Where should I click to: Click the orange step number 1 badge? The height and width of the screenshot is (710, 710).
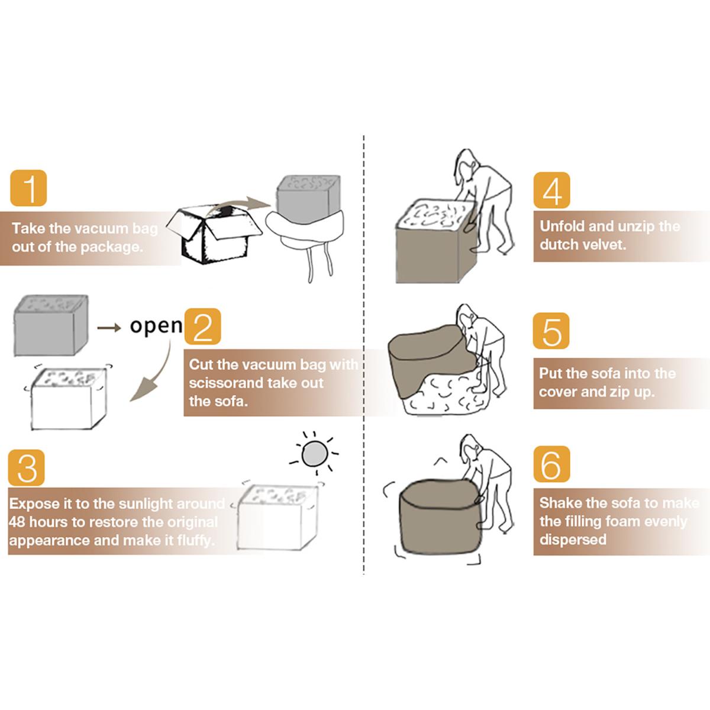(x=28, y=188)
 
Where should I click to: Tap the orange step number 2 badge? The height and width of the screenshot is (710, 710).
(x=202, y=327)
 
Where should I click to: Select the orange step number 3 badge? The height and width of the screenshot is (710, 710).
(x=27, y=467)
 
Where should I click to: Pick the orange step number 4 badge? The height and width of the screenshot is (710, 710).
(x=551, y=190)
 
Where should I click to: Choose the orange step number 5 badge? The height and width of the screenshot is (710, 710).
(x=551, y=331)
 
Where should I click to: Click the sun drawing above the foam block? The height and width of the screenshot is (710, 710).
(x=314, y=454)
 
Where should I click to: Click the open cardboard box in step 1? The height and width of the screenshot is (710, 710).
(x=214, y=235)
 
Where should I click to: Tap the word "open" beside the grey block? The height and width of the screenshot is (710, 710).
(x=156, y=325)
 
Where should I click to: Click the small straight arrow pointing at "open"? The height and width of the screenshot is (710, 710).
(x=109, y=328)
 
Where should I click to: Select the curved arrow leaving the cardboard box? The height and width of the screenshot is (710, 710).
(x=240, y=205)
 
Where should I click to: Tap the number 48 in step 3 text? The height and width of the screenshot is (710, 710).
(x=17, y=522)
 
